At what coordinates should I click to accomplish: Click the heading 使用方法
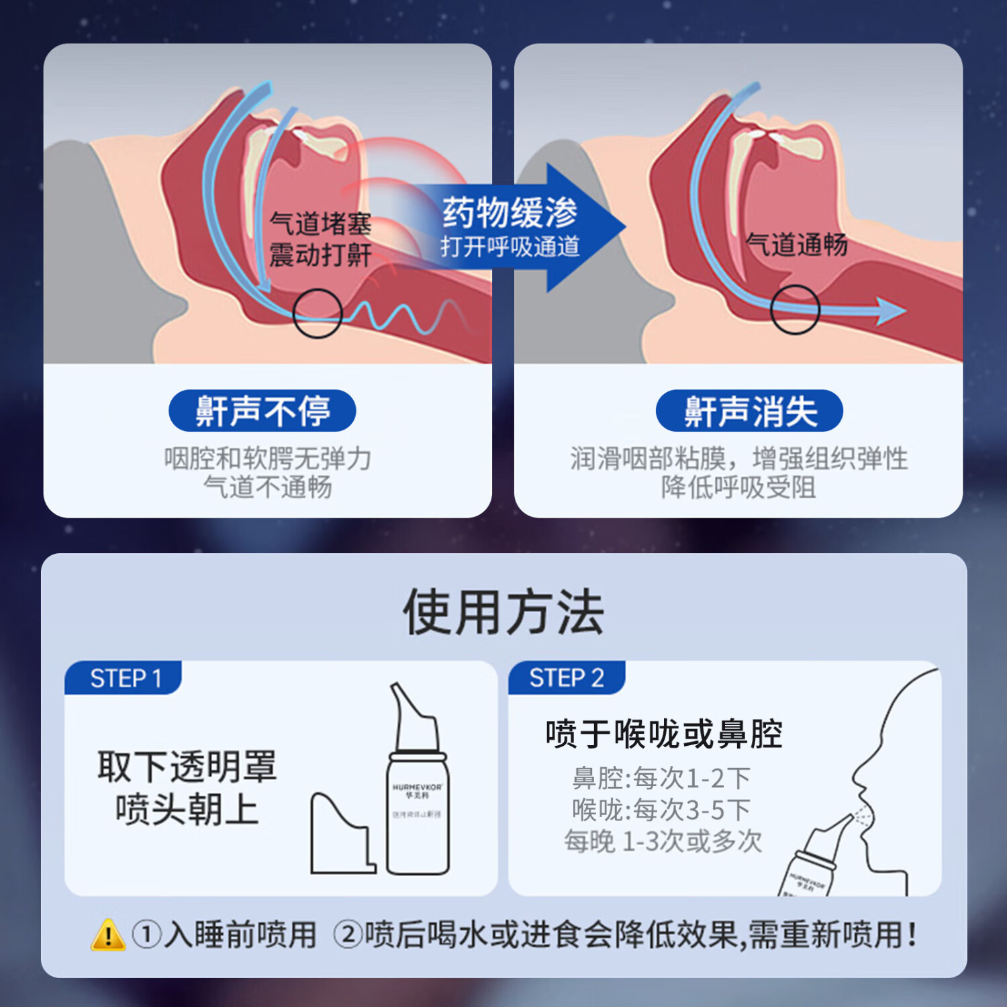(x=503, y=612)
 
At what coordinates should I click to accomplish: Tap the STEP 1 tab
(x=125, y=678)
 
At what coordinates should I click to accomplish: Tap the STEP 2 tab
(x=566, y=677)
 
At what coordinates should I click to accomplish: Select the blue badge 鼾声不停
(x=262, y=411)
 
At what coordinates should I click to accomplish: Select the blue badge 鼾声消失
(x=749, y=411)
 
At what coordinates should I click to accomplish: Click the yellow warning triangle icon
(x=107, y=935)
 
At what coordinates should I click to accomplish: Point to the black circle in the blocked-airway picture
(x=318, y=314)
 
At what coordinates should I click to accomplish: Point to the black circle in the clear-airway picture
(x=795, y=309)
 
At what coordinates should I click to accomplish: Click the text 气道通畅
(x=796, y=244)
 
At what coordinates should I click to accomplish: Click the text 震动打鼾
(x=320, y=254)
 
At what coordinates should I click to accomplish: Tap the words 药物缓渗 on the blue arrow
(x=510, y=212)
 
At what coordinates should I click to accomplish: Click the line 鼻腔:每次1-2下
(x=661, y=778)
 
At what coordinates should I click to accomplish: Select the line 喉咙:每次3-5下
(x=661, y=810)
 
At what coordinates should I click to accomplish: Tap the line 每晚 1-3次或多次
(x=663, y=841)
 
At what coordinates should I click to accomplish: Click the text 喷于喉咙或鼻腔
(x=664, y=733)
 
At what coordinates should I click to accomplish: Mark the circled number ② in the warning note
(x=348, y=934)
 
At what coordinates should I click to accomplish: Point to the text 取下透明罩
(x=187, y=766)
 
